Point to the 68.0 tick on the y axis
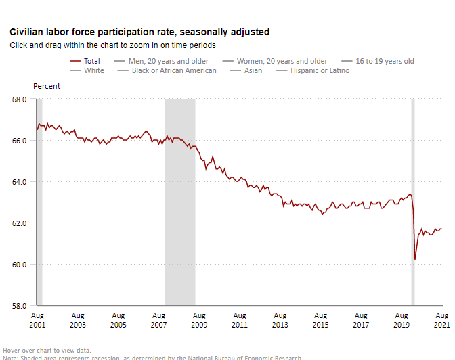tap(19, 99)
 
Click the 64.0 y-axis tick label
tap(19, 182)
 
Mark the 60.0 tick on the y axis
tap(19, 265)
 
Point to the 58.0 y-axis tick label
tap(19, 306)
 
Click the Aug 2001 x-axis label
tap(38, 320)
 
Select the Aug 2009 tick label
tap(198, 320)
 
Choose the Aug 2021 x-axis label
tap(441, 320)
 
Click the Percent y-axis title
tap(47, 86)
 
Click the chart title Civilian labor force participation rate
tap(139, 32)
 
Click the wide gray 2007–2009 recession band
tap(180, 203)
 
